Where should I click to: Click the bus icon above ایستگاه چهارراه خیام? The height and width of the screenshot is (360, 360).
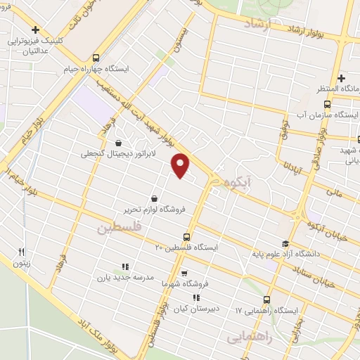96,58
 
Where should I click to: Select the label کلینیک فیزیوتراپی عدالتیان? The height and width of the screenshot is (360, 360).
34,44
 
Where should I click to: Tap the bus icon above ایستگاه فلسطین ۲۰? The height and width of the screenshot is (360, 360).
186,236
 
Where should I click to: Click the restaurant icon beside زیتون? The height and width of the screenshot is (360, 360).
21,252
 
